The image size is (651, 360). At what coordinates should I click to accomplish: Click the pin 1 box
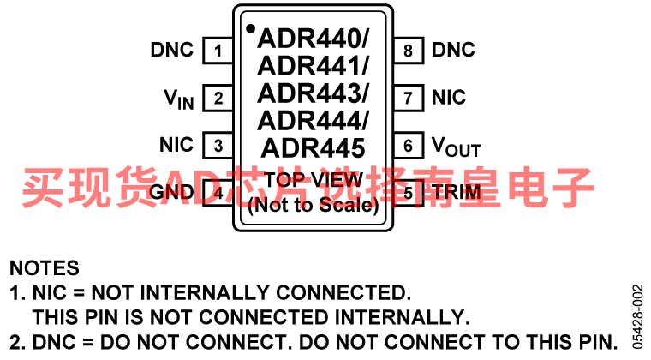click(218, 51)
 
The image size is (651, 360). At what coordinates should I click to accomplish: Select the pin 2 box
click(218, 98)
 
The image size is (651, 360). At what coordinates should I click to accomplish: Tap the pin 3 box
click(218, 146)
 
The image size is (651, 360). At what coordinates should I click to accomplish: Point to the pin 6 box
click(409, 146)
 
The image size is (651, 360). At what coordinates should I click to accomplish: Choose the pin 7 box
click(409, 98)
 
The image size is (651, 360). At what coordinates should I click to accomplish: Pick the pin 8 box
click(409, 51)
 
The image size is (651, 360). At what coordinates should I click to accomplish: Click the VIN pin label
click(179, 99)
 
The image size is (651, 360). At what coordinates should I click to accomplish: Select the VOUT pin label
click(456, 147)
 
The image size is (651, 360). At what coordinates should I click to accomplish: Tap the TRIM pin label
click(456, 192)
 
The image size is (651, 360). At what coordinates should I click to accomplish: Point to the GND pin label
click(171, 192)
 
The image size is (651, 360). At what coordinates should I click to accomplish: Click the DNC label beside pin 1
click(172, 50)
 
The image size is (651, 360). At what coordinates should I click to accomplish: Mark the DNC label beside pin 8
click(453, 50)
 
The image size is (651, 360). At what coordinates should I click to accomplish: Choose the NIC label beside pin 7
click(449, 97)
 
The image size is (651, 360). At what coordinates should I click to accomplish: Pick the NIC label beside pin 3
click(176, 145)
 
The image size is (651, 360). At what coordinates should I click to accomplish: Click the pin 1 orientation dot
click(250, 28)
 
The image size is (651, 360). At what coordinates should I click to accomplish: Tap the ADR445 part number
click(313, 148)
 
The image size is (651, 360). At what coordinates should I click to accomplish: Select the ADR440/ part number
click(313, 39)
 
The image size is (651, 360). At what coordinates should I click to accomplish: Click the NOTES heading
click(45, 268)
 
